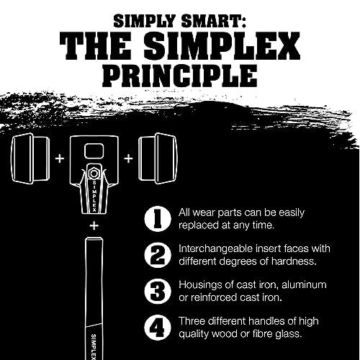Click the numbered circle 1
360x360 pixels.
158,219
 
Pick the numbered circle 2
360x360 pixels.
158,255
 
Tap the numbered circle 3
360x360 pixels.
158,291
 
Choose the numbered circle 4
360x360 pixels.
158,327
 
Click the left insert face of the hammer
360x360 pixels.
30,158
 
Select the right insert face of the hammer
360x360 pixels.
158,158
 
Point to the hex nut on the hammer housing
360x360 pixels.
93,174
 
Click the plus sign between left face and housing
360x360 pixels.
60,158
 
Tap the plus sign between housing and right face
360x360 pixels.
129,158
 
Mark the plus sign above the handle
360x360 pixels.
94,226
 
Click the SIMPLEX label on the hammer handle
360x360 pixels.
94,346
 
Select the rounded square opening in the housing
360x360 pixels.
94,151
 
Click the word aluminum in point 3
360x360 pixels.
304,285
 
